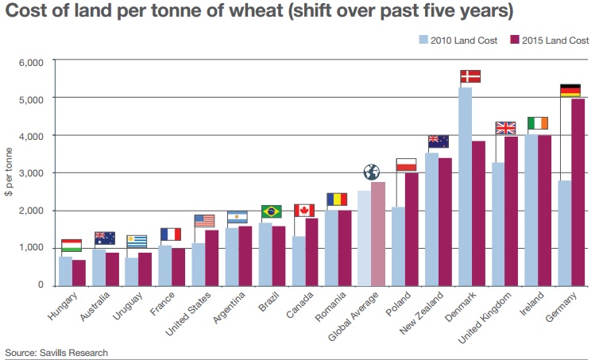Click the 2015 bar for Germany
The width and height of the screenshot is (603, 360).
(578, 192)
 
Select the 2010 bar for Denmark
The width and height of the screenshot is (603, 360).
(466, 186)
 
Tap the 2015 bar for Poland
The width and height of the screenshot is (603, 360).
(412, 229)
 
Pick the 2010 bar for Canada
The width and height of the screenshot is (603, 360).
(299, 261)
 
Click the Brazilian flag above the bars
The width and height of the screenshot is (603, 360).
(272, 211)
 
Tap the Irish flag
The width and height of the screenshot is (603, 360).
(538, 123)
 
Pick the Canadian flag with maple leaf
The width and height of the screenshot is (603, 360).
(305, 211)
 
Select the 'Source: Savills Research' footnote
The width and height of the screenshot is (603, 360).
(56, 352)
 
